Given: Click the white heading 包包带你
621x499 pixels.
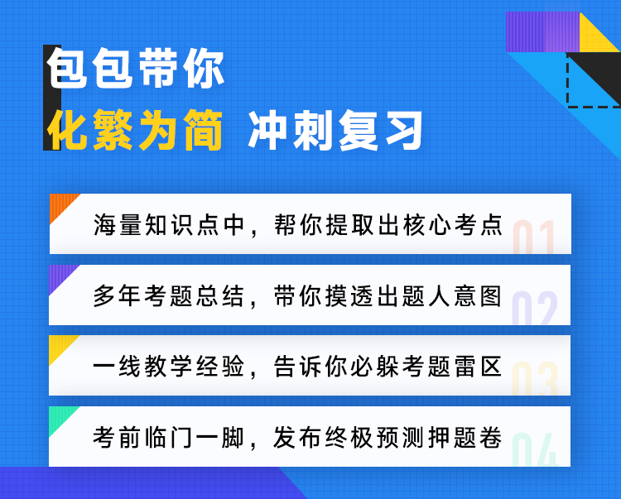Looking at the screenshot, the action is tap(136, 68).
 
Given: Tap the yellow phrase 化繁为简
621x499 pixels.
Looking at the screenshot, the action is tap(135, 130).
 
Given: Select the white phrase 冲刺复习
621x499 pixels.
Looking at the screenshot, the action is tap(336, 130).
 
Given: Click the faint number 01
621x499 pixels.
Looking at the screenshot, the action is tap(533, 237).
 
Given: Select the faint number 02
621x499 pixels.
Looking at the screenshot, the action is tap(534, 308).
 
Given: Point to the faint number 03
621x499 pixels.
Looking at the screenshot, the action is tap(534, 378).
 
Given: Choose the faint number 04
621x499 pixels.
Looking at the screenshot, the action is tap(535, 449).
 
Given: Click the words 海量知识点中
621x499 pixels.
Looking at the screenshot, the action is tap(169, 225).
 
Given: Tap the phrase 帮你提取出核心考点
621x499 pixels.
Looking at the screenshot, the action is tap(388, 225).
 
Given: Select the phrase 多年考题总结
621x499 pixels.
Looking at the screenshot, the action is tap(169, 295).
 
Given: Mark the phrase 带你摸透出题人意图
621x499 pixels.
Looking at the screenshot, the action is tap(388, 295).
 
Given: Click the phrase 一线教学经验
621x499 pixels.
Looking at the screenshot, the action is tap(169, 366).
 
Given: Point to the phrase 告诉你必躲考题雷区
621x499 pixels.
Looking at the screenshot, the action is tap(388, 366).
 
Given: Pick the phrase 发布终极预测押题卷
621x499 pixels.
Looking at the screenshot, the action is tap(388, 437).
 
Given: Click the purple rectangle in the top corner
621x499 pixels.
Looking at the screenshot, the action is tap(542, 31).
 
